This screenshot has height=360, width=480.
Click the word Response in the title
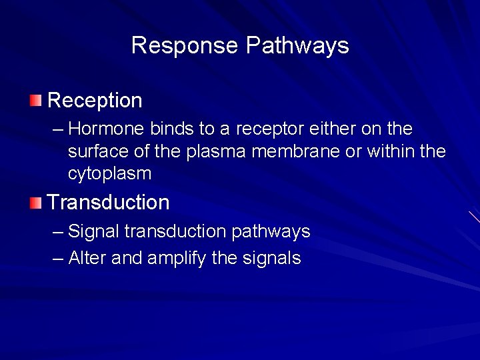click(185, 45)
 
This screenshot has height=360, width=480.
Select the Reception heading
click(95, 101)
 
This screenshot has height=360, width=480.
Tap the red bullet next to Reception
click(35, 101)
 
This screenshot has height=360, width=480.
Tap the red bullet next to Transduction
click(35, 203)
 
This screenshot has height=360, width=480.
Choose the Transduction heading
click(108, 202)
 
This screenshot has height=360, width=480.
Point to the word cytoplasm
click(109, 175)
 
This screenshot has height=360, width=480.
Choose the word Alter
click(87, 258)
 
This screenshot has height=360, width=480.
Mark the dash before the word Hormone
click(58, 128)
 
